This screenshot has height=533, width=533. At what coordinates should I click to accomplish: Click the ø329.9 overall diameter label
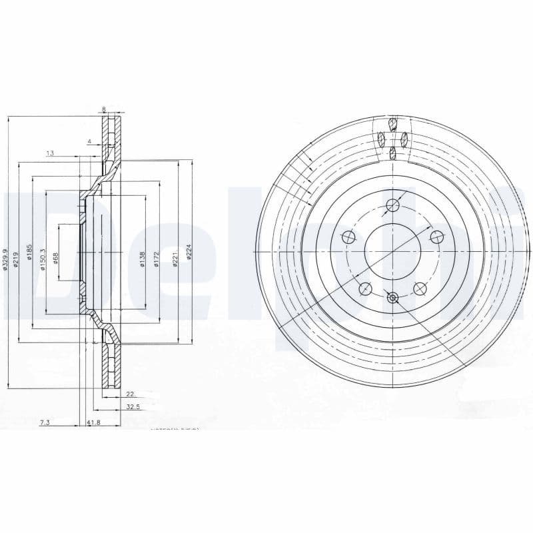coord(6,258)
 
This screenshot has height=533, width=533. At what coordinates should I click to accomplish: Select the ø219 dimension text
coord(16,255)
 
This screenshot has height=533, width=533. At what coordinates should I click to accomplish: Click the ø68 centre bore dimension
coord(56,257)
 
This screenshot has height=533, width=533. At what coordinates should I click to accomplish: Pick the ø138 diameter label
coord(142,258)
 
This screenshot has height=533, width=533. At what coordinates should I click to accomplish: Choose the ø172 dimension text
coord(155,258)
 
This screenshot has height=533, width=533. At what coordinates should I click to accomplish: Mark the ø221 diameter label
coord(175,257)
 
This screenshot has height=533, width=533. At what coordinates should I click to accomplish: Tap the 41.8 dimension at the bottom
coord(93,422)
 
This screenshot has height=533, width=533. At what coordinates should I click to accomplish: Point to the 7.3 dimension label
coord(45,422)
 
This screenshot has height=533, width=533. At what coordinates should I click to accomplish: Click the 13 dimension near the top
coord(50,153)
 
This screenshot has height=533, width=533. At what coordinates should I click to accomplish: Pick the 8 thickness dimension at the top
coord(104,109)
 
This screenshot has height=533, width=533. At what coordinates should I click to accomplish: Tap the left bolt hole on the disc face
coord(348,237)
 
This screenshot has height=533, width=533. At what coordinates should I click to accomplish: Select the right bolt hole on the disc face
coord(436,237)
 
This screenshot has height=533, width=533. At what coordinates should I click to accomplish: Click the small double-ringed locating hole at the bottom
coord(392,298)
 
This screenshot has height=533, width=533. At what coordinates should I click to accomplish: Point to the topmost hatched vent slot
coord(393,124)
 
